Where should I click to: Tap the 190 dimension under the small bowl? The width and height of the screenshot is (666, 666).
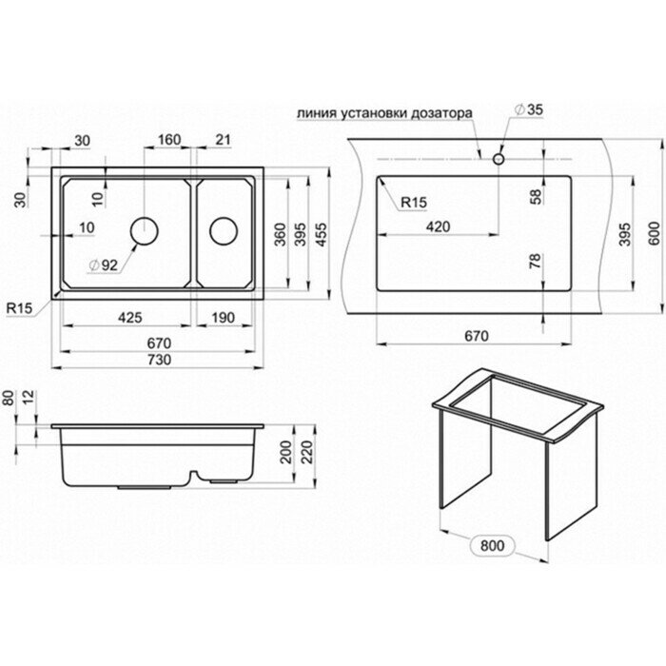[x=225, y=317]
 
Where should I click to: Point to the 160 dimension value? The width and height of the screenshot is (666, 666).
[x=168, y=141]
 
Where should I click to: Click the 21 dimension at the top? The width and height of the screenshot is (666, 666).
[x=224, y=141]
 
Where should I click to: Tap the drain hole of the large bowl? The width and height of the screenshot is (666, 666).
[x=143, y=229]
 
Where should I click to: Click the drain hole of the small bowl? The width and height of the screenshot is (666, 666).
[x=225, y=229]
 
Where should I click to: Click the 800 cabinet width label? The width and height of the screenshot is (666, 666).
[x=491, y=546]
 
